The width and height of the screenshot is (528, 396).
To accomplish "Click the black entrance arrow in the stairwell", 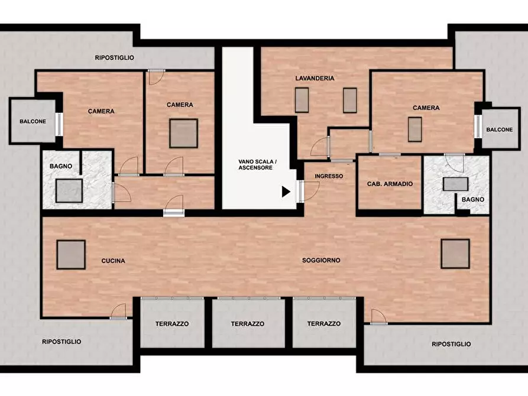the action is point(286,191).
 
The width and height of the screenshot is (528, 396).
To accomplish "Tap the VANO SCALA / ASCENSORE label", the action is point(258,165).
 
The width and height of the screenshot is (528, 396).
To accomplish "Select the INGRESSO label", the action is point(329,176).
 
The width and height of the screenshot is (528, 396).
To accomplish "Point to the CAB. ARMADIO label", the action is point(390,184).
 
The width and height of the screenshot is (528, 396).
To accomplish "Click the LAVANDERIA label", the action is point(315,78).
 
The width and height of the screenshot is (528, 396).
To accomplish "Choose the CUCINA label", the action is point(113,261).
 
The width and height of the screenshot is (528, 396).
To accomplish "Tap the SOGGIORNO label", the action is point(321,260).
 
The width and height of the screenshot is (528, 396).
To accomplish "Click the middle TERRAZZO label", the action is point(248,324).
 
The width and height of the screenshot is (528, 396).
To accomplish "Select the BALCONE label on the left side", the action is point(33,121).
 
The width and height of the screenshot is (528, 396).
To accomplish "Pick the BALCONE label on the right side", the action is point(500,129).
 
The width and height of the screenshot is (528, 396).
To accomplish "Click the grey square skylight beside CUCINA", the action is point(71,255).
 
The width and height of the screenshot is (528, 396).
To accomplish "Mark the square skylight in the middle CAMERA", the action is point(183,134).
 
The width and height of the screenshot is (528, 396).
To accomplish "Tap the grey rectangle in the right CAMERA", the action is point(415,129).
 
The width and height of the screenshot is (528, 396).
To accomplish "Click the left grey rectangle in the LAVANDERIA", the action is point(302,100).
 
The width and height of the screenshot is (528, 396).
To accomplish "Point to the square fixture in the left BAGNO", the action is point(69,191).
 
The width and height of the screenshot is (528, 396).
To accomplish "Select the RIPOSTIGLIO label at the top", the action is point(115,57).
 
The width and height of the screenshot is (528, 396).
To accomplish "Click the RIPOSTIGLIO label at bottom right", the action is point(451,344).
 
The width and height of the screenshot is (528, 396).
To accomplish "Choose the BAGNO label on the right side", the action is point(473,199).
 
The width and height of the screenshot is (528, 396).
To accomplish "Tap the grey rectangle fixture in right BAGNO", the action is point(456,184).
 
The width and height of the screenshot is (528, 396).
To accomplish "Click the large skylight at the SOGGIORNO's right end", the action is point(455,254).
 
